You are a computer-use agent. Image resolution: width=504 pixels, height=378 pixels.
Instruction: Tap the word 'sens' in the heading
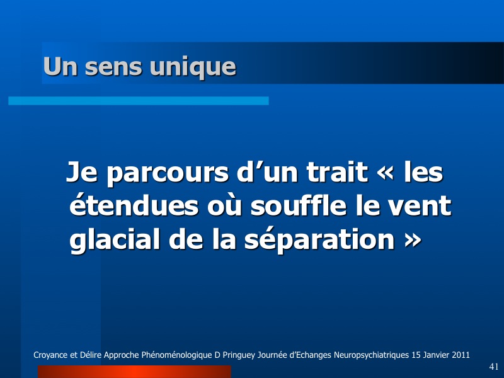coord(113,67)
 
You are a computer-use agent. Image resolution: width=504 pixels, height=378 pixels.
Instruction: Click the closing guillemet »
coord(412,240)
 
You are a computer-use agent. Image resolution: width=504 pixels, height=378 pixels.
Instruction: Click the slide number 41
coord(494,367)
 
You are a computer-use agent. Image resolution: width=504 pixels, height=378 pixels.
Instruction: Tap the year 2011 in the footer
coord(461,355)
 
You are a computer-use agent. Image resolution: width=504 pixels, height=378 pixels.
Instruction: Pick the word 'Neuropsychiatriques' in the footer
coord(371,355)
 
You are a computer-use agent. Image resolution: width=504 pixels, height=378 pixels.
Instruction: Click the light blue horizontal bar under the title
coord(139,101)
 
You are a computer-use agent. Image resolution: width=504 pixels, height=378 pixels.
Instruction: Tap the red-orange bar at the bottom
coord(134,372)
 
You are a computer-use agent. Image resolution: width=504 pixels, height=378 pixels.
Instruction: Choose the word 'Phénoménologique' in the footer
coord(177,355)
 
